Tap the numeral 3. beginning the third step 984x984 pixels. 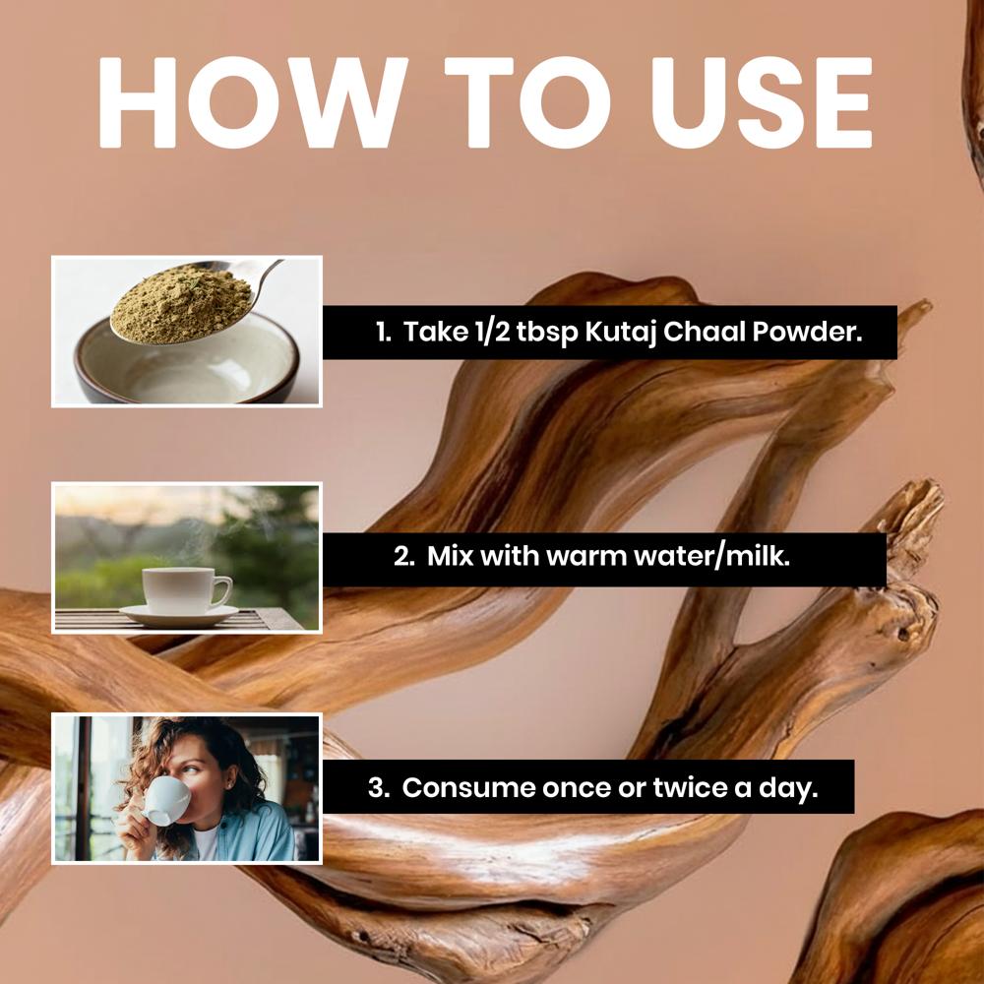pos(380,788)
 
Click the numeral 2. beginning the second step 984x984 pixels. pos(405,558)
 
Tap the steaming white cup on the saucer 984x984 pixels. pos(180,589)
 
